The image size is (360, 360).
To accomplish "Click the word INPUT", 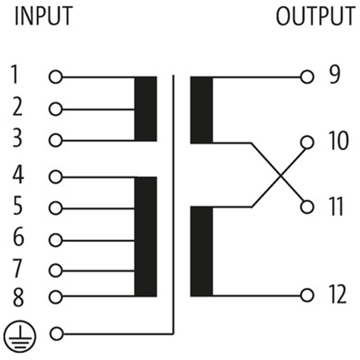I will (44, 17).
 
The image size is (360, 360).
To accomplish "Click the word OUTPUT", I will (315, 17).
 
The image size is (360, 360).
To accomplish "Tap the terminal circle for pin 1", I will (55, 77).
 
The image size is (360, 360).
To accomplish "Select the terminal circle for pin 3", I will (55, 140).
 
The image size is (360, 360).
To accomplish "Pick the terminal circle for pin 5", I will (55, 208).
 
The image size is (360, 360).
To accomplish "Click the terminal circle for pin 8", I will (55, 297).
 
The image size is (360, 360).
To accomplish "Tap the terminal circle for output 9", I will (307, 77).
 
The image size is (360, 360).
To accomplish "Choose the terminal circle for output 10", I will (307, 142).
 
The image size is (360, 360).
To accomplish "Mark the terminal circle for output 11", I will (307, 207).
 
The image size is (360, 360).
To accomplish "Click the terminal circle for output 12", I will (307, 295).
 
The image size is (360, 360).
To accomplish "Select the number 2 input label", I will (17, 108).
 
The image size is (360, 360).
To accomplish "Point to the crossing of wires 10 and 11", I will (279, 175).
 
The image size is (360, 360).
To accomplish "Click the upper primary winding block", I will (146, 109).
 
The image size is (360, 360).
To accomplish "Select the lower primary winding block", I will (146, 236).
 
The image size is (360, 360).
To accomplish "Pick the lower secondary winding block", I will (201, 251).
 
